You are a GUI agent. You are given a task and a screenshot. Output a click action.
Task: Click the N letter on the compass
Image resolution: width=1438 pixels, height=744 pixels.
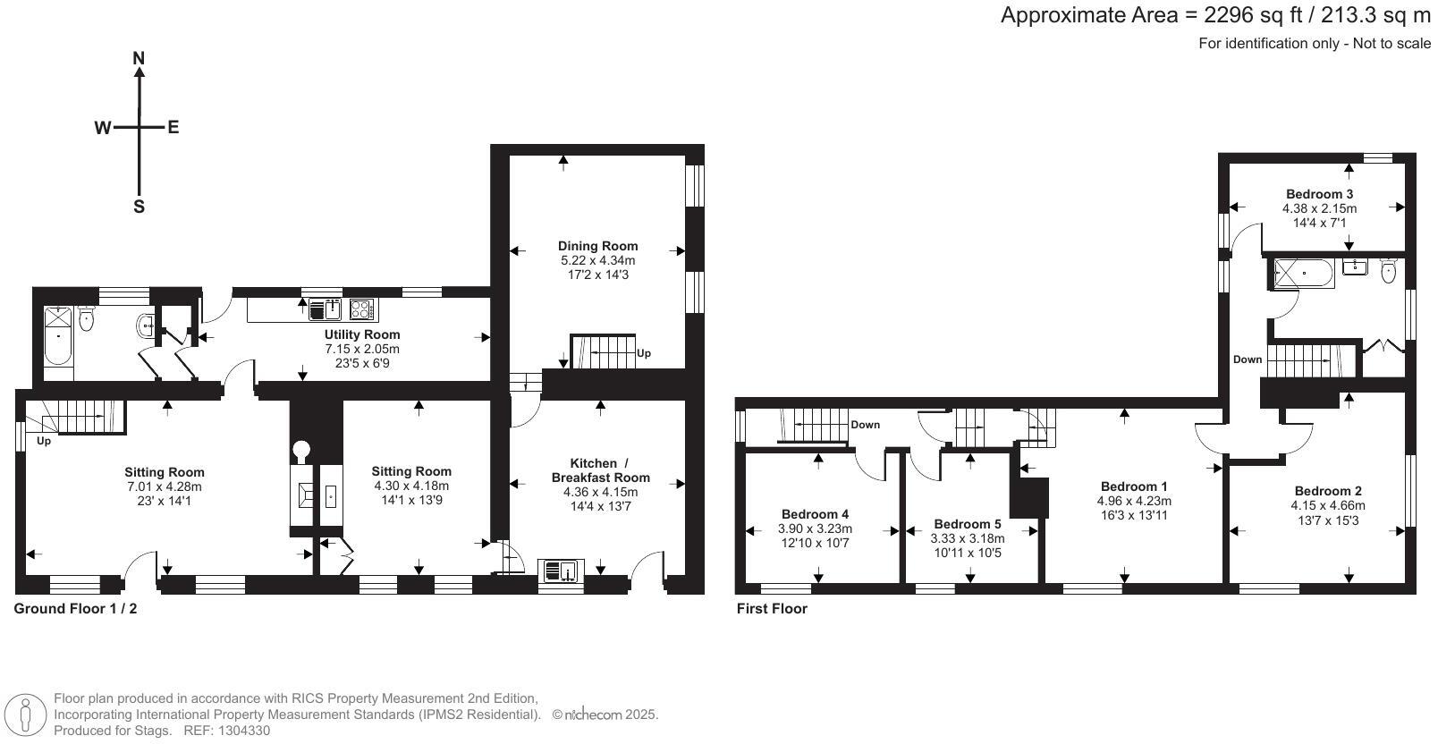click(x=139, y=59)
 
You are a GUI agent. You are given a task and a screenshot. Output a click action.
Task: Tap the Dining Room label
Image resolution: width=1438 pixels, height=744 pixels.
click(x=597, y=246)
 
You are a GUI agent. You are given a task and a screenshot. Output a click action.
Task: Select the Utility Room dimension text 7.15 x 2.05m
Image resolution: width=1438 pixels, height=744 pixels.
click(x=361, y=349)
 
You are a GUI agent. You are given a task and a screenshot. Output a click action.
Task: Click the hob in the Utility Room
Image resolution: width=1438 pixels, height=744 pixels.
click(x=362, y=309)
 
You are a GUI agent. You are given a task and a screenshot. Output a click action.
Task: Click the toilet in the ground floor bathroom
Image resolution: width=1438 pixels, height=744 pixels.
click(x=87, y=318)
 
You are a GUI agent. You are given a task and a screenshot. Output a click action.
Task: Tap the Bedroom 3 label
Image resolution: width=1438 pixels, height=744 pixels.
click(x=1319, y=194)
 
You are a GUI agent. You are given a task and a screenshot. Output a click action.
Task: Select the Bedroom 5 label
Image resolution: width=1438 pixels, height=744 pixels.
click(x=968, y=524)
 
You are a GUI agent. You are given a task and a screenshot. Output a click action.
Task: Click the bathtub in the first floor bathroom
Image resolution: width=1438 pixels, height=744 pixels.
click(x=1302, y=274)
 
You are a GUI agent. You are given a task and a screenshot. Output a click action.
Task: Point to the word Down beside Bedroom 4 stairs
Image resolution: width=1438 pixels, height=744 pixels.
click(x=865, y=425)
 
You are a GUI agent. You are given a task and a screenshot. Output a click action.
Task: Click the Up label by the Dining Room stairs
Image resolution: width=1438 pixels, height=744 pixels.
click(x=644, y=353)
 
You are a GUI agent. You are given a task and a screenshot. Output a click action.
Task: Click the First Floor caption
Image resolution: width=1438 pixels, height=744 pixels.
click(x=772, y=609)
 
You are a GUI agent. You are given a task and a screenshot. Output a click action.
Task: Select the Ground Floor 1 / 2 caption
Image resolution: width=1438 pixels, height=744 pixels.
click(x=76, y=609)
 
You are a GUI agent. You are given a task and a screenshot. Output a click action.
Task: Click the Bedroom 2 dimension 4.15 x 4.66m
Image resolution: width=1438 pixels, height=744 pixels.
click(x=1328, y=505)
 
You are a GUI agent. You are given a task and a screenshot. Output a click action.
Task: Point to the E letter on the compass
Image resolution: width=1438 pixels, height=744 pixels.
click(x=173, y=127)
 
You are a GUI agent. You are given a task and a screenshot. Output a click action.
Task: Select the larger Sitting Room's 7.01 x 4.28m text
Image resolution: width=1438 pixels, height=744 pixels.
click(x=165, y=486)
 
